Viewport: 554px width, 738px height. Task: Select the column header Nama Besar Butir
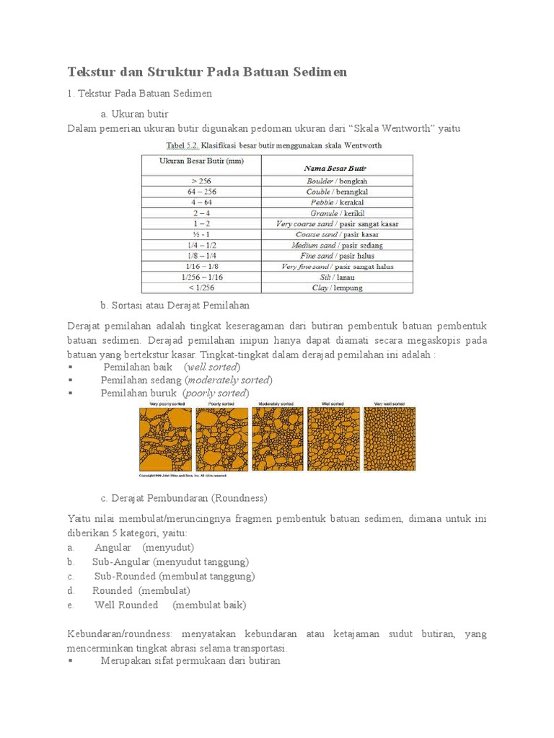point(338,167)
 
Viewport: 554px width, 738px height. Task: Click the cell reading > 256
point(201,181)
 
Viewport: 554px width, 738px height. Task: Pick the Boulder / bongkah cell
point(338,181)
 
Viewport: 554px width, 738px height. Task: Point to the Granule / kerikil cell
point(338,213)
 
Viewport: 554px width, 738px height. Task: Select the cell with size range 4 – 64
point(201,203)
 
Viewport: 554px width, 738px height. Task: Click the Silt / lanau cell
point(338,277)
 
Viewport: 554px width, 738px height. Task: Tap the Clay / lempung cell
point(338,288)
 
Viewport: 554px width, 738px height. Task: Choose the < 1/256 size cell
point(201,288)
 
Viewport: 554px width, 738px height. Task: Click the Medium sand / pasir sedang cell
point(338,245)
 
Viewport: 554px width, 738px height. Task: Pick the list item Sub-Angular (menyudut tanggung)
point(170,561)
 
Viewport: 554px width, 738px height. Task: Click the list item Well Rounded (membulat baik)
point(170,605)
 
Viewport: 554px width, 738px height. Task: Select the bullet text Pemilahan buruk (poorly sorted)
point(175,393)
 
